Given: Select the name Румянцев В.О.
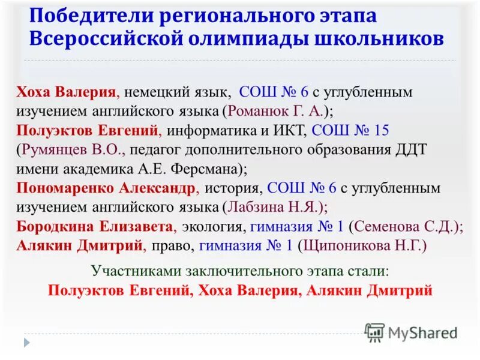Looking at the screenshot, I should pyautogui.click(x=68, y=149).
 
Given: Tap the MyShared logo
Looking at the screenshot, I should pyautogui.click(x=412, y=332).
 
